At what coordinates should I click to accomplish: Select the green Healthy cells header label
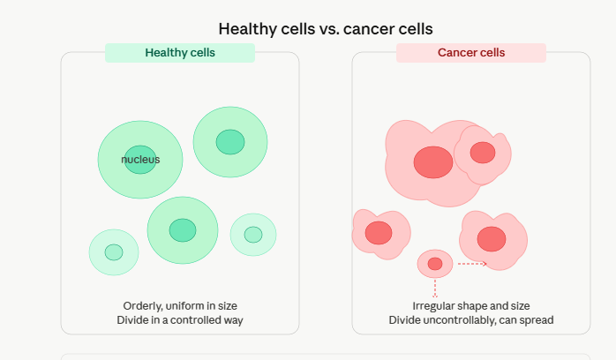(x=180, y=53)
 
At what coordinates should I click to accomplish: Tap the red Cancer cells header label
(x=471, y=53)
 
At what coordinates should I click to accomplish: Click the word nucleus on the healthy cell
(x=140, y=160)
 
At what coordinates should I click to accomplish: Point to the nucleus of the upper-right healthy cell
(x=230, y=141)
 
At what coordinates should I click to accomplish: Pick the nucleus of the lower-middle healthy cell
(x=183, y=229)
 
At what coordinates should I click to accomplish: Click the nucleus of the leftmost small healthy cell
(x=114, y=252)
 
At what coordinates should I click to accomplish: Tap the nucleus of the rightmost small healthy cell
(x=253, y=235)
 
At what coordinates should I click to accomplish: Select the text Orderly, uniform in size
(x=180, y=305)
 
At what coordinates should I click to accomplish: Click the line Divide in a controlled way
(x=180, y=319)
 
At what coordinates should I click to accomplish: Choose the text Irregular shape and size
(x=471, y=305)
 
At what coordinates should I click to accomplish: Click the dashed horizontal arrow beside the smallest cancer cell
(x=471, y=263)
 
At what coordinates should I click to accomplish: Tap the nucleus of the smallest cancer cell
(x=435, y=264)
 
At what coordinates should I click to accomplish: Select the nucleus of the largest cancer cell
(x=433, y=161)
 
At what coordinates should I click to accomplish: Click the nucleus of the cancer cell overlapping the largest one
(x=483, y=153)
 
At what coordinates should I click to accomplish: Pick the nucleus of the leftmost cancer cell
(x=379, y=233)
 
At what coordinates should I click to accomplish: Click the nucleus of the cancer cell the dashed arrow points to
(x=492, y=238)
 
